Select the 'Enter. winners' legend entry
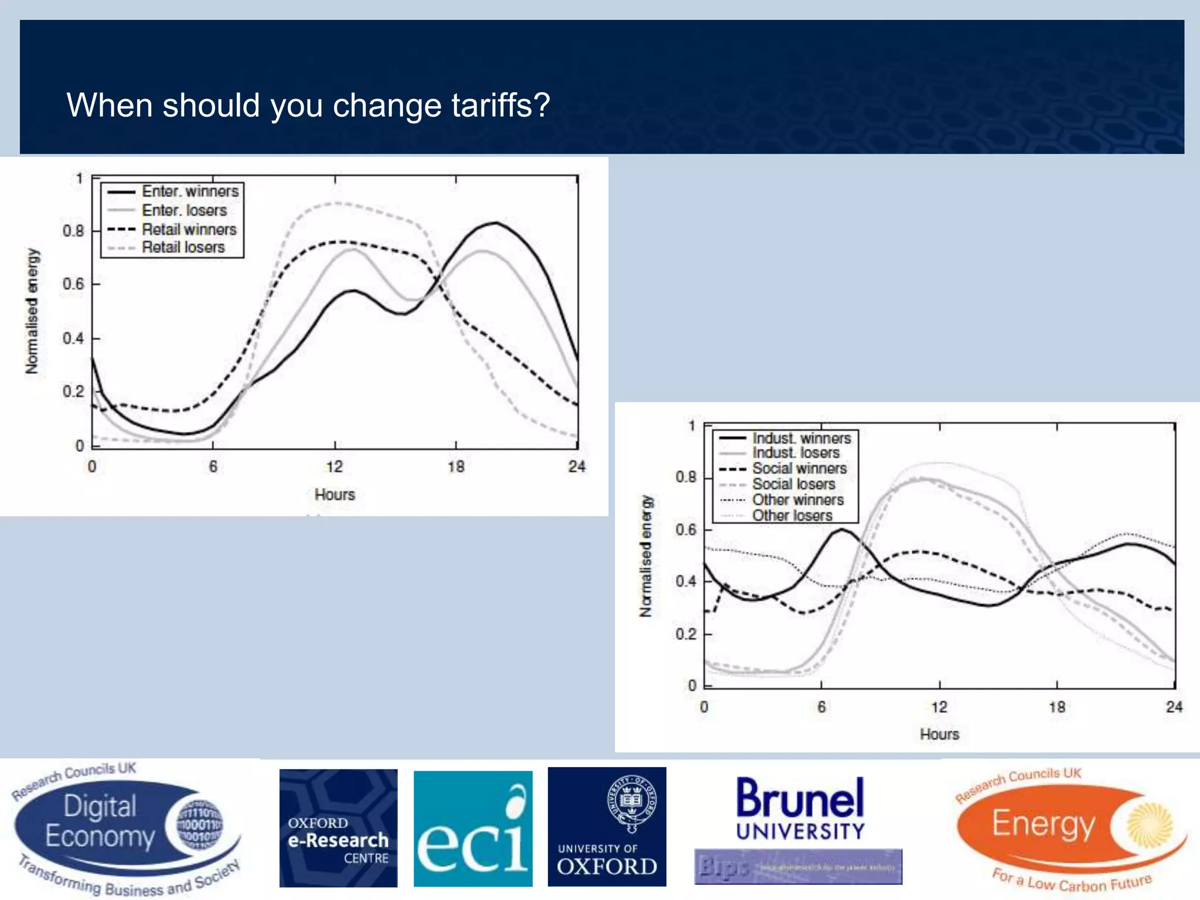click(190, 192)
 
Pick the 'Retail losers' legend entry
click(183, 247)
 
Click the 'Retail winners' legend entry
click(189, 229)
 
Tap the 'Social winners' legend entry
click(799, 468)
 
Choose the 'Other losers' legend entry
click(792, 516)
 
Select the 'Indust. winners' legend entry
click(802, 438)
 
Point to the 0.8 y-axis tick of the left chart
click(73, 230)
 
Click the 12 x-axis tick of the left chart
click(335, 466)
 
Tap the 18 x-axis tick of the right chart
click(1057, 707)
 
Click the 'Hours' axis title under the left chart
click(335, 495)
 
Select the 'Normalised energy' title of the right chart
click(646, 556)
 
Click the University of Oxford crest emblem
click(632, 801)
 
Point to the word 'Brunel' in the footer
click(800, 798)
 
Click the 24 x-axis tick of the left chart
click(577, 466)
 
